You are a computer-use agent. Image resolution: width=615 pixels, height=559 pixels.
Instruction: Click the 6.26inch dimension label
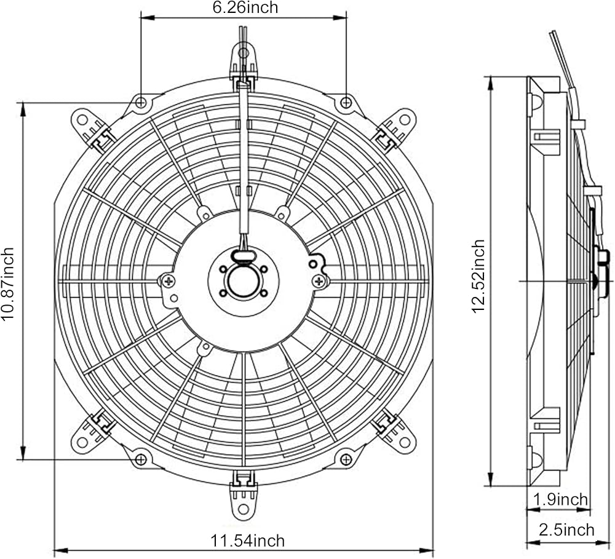click(245, 7)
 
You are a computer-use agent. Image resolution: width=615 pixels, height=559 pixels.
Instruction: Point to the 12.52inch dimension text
click(479, 277)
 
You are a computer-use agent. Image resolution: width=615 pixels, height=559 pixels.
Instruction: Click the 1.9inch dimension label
click(560, 499)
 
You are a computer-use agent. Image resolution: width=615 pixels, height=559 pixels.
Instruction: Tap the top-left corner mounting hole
click(141, 102)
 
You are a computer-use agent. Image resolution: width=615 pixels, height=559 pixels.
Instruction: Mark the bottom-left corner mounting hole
click(141, 459)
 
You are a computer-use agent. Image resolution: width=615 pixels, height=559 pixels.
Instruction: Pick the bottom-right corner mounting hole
click(346, 459)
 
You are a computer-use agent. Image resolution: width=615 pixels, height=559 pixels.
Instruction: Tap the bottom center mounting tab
click(244, 499)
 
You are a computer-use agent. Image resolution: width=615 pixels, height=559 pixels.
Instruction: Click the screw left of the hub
click(169, 281)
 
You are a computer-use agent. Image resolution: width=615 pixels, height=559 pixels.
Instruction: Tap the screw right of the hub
click(319, 281)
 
